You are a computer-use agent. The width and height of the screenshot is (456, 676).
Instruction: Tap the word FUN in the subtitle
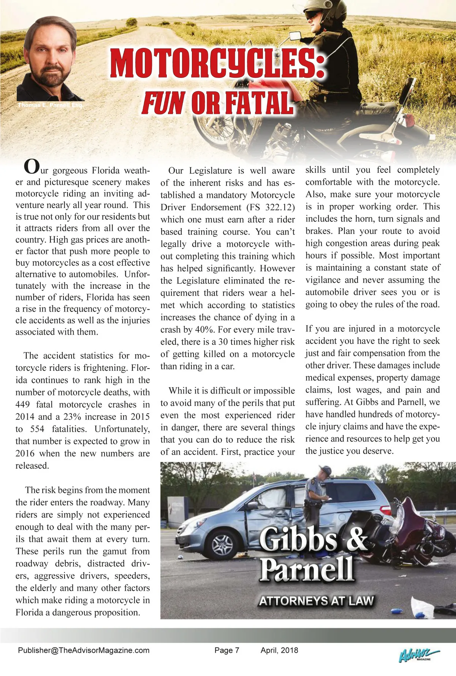coord(163,103)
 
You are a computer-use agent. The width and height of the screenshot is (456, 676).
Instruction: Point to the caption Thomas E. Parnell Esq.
coord(50,105)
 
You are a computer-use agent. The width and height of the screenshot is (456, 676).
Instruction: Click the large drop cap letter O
coord(31,166)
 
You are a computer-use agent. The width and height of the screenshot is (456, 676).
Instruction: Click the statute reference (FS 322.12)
coord(271,207)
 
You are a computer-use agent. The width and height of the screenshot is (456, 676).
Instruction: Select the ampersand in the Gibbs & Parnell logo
coord(357,539)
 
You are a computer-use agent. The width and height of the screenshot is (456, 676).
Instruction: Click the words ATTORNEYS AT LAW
coord(316,601)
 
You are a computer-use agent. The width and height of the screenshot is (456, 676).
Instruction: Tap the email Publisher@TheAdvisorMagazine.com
coord(84,650)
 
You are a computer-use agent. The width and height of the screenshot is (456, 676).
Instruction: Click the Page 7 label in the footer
coord(227,650)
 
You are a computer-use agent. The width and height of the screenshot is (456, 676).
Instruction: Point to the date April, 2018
coord(279,650)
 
